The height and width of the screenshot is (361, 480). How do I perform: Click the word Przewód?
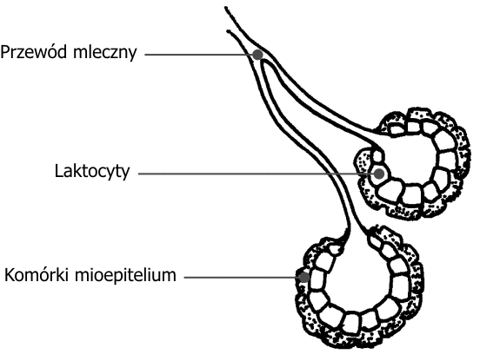(x=34, y=52)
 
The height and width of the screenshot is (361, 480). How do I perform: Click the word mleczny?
(x=104, y=53)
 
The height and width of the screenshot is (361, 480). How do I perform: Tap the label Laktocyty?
(x=92, y=171)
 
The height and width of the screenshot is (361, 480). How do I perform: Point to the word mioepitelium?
(x=125, y=275)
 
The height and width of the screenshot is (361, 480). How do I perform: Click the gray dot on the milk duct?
(x=257, y=55)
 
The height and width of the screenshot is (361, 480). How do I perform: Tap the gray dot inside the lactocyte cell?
(x=379, y=174)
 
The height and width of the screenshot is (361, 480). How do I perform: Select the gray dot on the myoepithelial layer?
(x=304, y=278)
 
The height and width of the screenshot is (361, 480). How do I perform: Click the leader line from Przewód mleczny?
(x=198, y=55)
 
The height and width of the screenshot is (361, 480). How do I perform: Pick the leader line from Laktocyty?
(x=257, y=174)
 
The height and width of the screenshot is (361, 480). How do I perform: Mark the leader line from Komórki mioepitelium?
(x=242, y=278)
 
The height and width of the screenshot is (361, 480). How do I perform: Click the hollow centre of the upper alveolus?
(x=407, y=159)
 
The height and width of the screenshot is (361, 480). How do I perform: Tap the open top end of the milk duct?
(x=227, y=19)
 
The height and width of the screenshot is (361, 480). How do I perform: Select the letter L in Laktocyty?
(x=59, y=171)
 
